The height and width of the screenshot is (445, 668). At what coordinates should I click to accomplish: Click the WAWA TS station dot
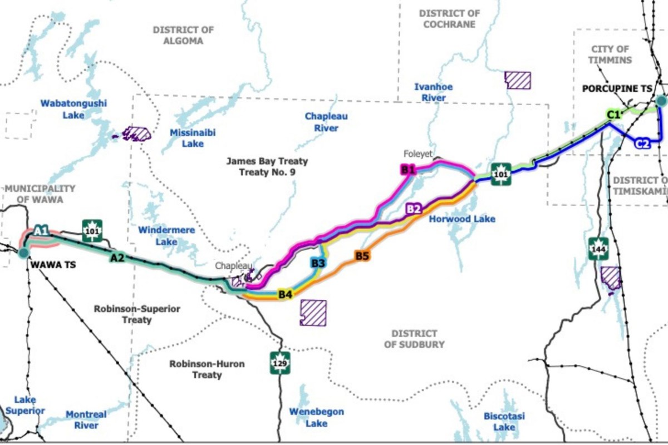[x=23, y=253]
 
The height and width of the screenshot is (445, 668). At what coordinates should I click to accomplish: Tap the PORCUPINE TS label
[x=617, y=89]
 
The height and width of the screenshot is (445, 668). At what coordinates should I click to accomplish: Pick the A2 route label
[x=117, y=258]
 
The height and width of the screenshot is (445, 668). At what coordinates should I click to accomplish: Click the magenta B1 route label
[x=409, y=169]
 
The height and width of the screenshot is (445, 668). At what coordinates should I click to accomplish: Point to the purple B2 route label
[x=413, y=209]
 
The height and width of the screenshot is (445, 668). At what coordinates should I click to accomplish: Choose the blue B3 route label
[x=317, y=263]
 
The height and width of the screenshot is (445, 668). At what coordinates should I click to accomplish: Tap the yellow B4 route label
[x=286, y=294]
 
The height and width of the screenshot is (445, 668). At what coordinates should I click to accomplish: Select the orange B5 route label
[x=362, y=256]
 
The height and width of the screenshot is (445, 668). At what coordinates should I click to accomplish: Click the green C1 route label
[x=613, y=115]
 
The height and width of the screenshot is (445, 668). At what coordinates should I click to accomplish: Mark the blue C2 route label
[x=642, y=144]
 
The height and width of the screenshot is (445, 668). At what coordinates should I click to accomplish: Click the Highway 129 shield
[x=281, y=363]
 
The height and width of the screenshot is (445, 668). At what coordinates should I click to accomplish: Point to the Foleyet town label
[x=419, y=154]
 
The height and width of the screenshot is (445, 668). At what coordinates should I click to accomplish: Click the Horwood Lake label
[x=461, y=219]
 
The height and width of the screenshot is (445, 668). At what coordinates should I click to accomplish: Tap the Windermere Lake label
[x=158, y=235]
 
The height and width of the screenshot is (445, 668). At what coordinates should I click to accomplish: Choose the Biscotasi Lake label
[x=504, y=421]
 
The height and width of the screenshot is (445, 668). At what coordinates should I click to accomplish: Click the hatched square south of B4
[x=313, y=313]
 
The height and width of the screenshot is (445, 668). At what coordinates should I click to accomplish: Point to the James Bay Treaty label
[x=267, y=166]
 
